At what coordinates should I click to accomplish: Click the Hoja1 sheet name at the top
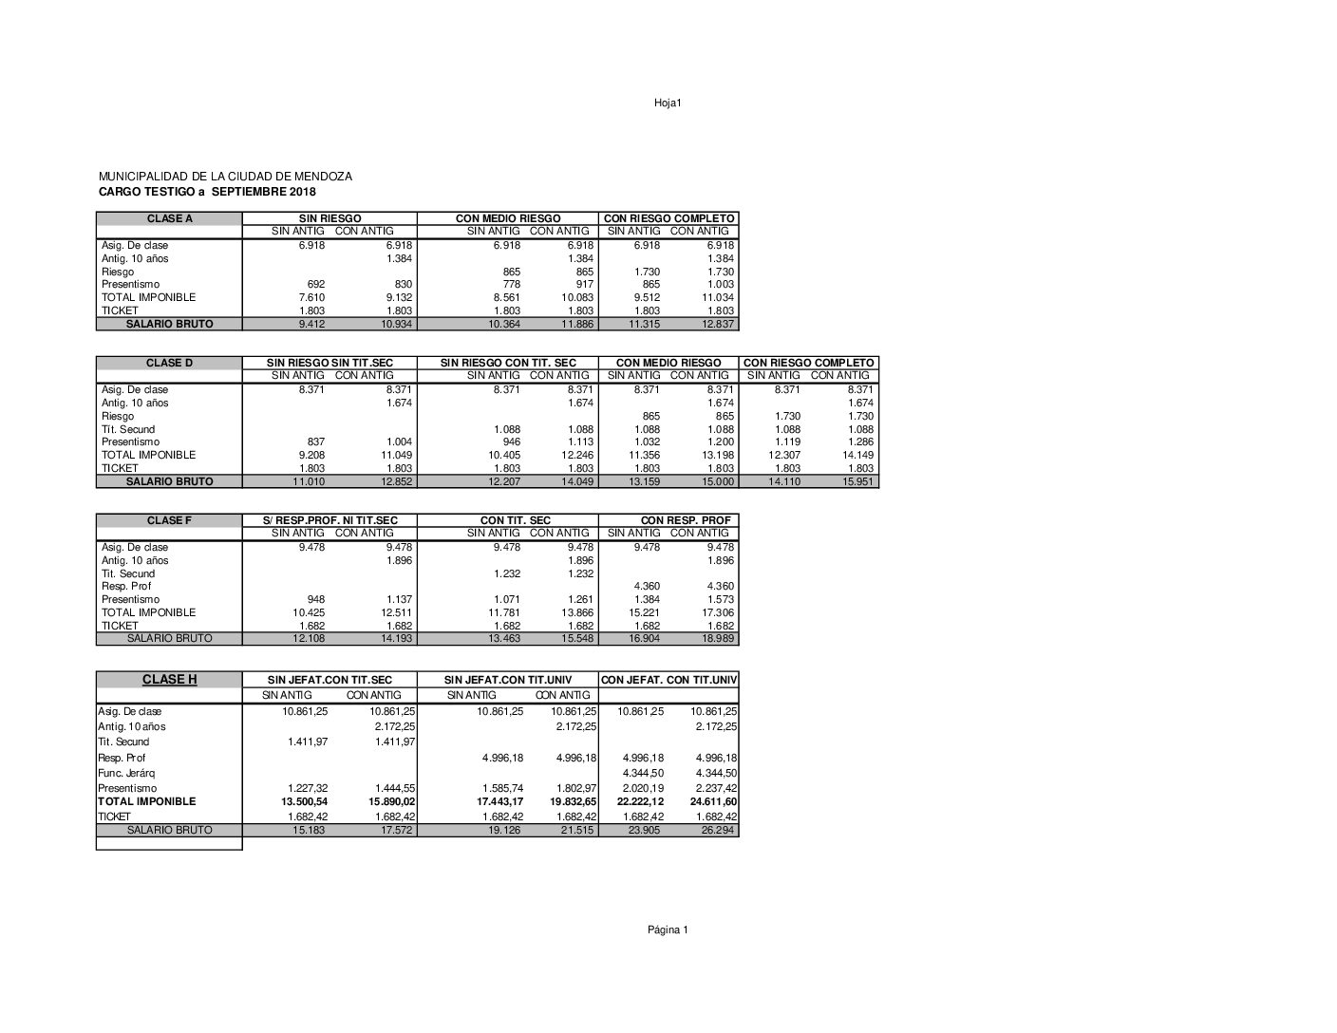[x=667, y=103]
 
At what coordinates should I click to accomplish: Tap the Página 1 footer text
[x=668, y=930]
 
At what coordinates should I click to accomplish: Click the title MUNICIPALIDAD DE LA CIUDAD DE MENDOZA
[x=225, y=177]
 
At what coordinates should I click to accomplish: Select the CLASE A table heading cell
[x=169, y=218]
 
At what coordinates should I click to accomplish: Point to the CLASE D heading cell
[x=169, y=363]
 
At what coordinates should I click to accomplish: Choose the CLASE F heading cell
[x=169, y=520]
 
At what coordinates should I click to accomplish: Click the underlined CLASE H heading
[x=169, y=679]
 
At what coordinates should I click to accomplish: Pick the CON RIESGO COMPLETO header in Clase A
[x=668, y=218]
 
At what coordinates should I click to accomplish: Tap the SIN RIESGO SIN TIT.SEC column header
[x=330, y=363]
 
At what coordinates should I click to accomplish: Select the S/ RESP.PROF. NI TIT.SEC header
[x=330, y=520]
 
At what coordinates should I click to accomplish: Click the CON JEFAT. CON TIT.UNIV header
[x=668, y=679]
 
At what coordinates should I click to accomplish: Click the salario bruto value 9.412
[x=311, y=324]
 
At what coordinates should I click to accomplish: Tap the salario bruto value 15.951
[x=857, y=481]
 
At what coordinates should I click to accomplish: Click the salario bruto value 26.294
[x=720, y=830]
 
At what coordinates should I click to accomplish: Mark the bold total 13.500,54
[x=307, y=801]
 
